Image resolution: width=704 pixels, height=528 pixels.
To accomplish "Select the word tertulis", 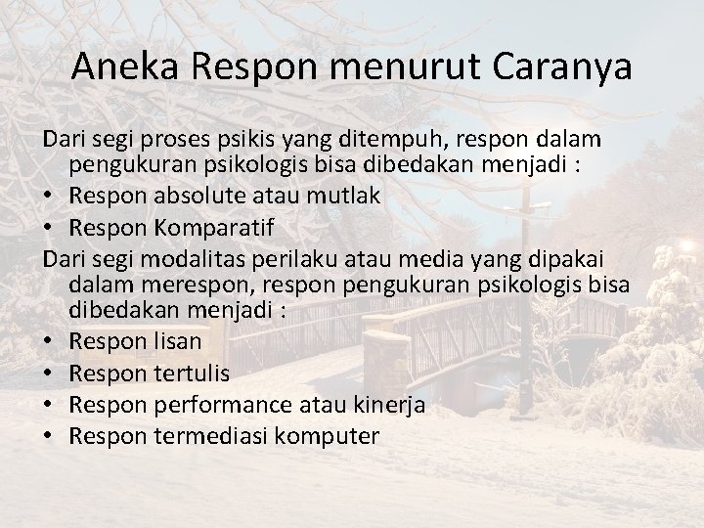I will coord(193,374).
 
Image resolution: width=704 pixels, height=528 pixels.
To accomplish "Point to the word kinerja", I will coord(386,405).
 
